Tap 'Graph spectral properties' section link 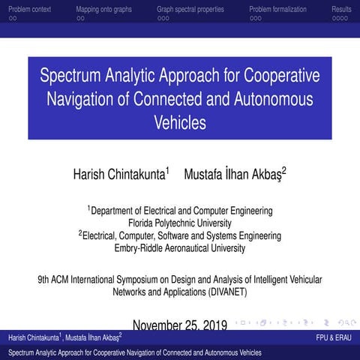tap(190, 9)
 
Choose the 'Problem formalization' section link tap(277, 9)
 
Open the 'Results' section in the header tap(341, 9)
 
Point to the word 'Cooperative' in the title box tap(277, 76)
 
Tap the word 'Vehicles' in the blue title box tap(179, 121)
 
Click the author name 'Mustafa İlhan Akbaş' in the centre tap(233, 174)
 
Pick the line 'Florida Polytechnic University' tap(180, 223)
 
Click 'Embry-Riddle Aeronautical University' tap(180, 248)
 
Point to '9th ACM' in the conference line tap(54, 279)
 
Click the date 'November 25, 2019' tap(179, 325)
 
